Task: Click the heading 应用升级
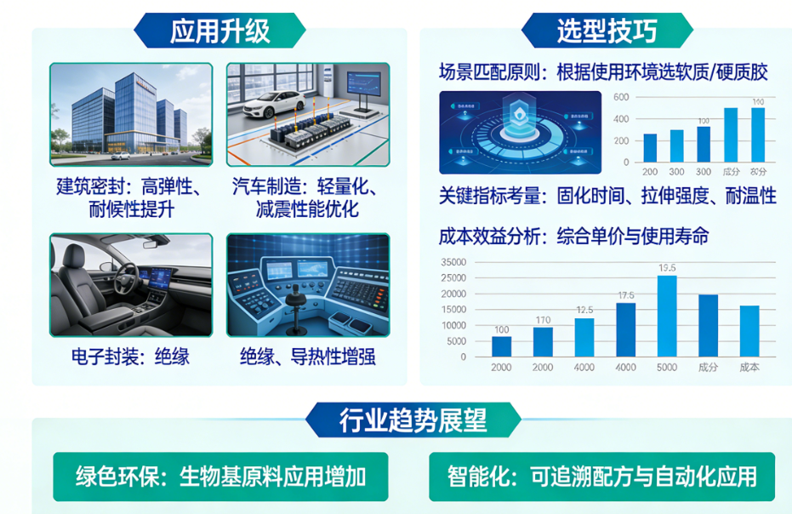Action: (219, 31)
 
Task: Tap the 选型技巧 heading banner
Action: (607, 31)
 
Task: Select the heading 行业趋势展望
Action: (413, 420)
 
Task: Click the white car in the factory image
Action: (273, 104)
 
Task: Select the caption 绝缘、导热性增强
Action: (307, 357)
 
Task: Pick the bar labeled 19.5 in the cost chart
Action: (667, 316)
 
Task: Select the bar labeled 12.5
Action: (584, 337)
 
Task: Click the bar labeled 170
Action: (543, 342)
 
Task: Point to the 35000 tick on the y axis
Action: (455, 262)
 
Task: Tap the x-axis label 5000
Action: (667, 367)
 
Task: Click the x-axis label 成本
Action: (749, 367)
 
